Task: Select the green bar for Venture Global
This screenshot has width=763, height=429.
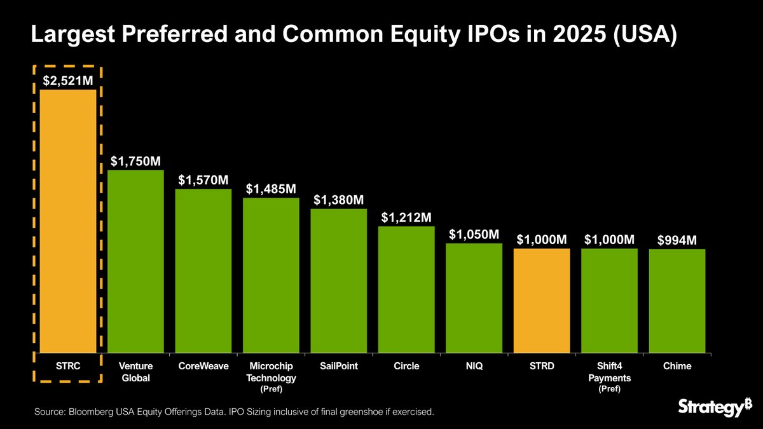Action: coord(135,261)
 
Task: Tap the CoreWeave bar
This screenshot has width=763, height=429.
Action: coord(203,270)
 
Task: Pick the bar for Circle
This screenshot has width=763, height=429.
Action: coord(406,289)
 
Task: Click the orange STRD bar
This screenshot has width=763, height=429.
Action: coord(542,300)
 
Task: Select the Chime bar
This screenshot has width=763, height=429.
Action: coord(677,301)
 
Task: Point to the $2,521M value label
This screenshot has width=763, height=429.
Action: coord(68,81)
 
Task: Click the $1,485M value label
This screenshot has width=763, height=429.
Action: coord(271,189)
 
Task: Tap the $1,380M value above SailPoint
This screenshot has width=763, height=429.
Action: coord(339,200)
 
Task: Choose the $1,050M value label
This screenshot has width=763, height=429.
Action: coord(474,235)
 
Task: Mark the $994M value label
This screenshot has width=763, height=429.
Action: coord(677,240)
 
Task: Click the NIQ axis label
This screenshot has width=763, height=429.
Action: coord(474,366)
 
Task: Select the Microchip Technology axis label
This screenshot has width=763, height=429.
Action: coord(271,372)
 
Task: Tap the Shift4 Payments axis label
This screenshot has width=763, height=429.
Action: coord(609,372)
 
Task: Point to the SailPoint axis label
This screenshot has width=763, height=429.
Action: coord(339,366)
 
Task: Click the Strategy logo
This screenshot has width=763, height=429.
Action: coord(710,407)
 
